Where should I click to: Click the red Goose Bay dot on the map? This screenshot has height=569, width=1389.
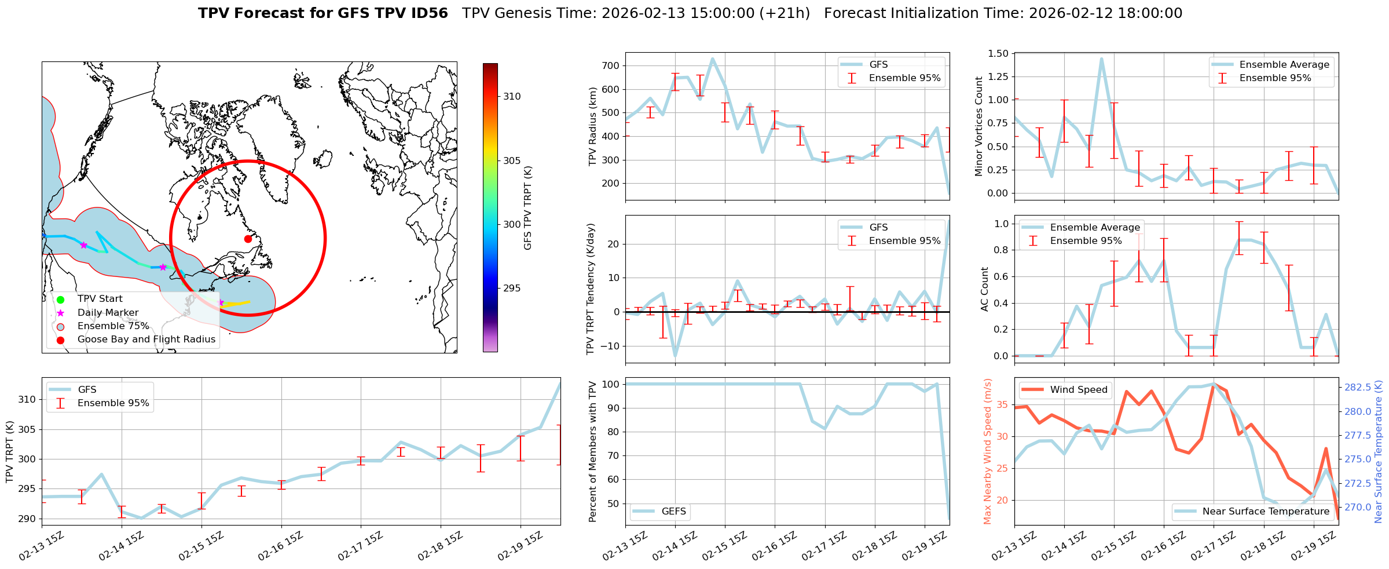click(x=248, y=239)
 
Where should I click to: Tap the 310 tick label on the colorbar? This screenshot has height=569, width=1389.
click(x=512, y=97)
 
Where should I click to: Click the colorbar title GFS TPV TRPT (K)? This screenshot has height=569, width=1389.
click(x=527, y=208)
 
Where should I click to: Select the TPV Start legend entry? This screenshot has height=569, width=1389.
click(x=100, y=299)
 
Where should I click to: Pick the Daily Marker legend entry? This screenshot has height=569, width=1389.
click(x=108, y=313)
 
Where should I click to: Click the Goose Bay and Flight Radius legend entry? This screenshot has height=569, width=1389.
click(x=146, y=340)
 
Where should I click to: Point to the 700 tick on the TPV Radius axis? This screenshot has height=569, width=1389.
click(x=612, y=65)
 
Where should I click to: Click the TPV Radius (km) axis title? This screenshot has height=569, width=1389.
click(x=592, y=126)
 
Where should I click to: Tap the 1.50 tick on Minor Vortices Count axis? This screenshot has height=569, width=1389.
click(x=1000, y=53)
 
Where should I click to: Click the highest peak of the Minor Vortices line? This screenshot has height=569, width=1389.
click(x=1101, y=59)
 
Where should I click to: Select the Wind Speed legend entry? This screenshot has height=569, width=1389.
click(x=1078, y=390)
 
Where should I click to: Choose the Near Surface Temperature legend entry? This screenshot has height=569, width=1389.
click(x=1265, y=511)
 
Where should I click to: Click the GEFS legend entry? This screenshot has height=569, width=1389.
click(x=673, y=511)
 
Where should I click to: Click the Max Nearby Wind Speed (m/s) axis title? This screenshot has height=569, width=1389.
click(x=987, y=451)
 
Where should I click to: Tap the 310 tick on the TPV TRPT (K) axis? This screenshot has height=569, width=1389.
click(x=27, y=399)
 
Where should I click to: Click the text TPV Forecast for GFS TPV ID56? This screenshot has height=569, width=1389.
click(x=323, y=13)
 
